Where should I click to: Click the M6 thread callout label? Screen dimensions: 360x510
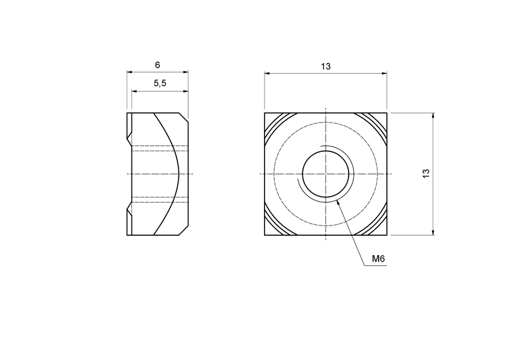pyautogui.click(x=378, y=259)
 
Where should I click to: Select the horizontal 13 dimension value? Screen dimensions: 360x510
pyautogui.click(x=326, y=67)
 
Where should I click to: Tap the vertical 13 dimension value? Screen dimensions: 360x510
pyautogui.click(x=426, y=173)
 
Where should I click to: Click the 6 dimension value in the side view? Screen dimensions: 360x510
pyautogui.click(x=157, y=64)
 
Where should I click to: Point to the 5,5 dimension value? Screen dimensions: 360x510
pyautogui.click(x=160, y=84)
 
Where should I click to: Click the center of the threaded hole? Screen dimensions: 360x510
pyautogui.click(x=326, y=173)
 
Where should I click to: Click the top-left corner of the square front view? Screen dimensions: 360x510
pyautogui.click(x=265, y=112)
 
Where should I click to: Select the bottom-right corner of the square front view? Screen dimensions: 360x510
pyautogui.click(x=387, y=235)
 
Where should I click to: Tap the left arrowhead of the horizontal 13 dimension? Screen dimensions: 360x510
pyautogui.click(x=266, y=74)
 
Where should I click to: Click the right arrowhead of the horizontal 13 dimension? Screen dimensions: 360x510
pyautogui.click(x=385, y=74)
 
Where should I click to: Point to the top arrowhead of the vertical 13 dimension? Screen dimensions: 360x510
pyautogui.click(x=433, y=114)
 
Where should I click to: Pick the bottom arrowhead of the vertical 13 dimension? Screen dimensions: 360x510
pyautogui.click(x=433, y=233)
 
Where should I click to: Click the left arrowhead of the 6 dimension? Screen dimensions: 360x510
pyautogui.click(x=128, y=72)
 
